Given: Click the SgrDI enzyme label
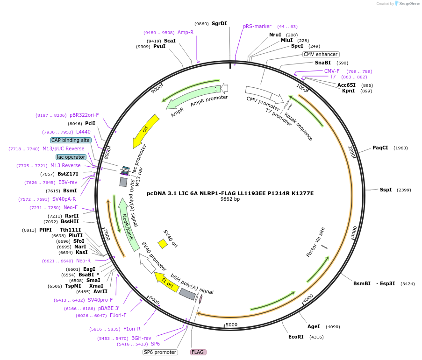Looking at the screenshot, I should tap(219, 23).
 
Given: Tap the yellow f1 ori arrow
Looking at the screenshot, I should tap(166, 282).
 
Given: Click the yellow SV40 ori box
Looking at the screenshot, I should tap(163, 244).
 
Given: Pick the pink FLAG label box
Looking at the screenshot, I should tap(198, 352).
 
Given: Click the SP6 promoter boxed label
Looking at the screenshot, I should tap(160, 352).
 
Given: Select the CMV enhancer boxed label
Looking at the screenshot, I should tap(321, 54).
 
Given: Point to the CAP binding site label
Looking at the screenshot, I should tap(71, 140).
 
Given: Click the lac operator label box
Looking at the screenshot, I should tap(71, 157).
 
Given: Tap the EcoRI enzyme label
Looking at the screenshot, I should tap(296, 337).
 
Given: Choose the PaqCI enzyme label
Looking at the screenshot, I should tap(380, 148).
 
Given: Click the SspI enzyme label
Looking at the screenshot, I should tap(386, 190).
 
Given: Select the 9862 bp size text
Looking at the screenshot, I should tap(230, 199).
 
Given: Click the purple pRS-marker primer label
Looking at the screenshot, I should tap(257, 26).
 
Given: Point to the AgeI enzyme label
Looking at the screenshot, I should tap(314, 326).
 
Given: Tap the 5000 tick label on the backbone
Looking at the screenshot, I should tap(232, 325).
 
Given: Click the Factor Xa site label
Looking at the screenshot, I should tap(315, 242).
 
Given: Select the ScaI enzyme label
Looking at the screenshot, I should tap(170, 41).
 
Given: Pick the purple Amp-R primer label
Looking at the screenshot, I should tap(186, 32).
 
